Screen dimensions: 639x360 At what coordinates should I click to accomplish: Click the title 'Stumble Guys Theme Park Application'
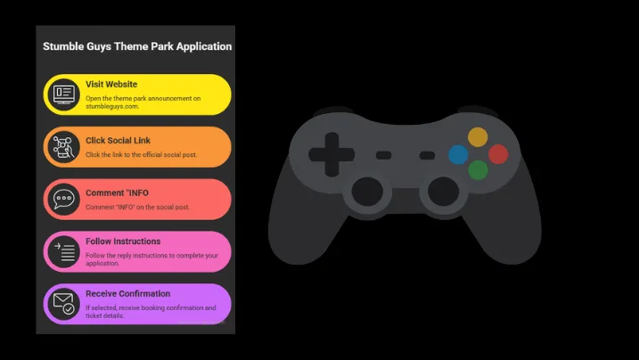click(137, 46)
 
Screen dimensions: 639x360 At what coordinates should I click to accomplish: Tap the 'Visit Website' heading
click(111, 85)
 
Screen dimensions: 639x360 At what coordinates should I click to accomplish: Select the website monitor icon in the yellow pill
click(64, 94)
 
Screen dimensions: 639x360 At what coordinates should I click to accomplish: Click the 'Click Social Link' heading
click(118, 141)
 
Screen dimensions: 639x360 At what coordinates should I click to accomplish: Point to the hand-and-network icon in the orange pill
click(63, 147)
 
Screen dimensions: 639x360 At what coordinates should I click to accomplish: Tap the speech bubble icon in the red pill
click(64, 199)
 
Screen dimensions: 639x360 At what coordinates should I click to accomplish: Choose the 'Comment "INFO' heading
click(117, 193)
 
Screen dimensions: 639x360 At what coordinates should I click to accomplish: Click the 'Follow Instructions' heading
click(123, 241)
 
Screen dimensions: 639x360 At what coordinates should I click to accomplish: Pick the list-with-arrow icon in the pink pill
click(64, 251)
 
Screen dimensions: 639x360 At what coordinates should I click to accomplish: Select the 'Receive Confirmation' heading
click(128, 294)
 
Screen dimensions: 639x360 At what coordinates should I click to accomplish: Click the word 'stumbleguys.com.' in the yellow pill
click(112, 106)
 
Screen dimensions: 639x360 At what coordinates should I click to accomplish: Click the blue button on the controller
click(458, 155)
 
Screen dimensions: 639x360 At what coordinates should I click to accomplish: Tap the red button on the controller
click(498, 154)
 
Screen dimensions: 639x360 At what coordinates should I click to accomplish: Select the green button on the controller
click(478, 170)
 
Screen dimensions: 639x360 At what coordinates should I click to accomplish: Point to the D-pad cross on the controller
click(332, 155)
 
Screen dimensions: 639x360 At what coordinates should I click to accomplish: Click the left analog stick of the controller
click(367, 192)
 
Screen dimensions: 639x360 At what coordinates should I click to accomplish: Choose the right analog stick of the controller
click(444, 192)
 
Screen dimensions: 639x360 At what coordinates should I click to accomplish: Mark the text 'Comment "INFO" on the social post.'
click(138, 207)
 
